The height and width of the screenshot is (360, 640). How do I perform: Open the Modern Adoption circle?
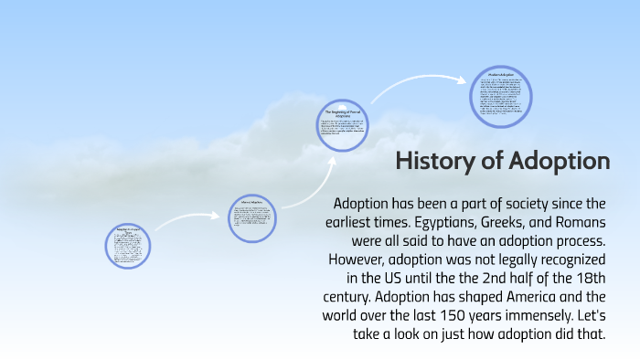point(501,96)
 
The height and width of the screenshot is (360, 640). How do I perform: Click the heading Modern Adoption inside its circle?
point(501,74)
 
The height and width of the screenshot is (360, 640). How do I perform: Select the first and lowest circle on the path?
point(127,245)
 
